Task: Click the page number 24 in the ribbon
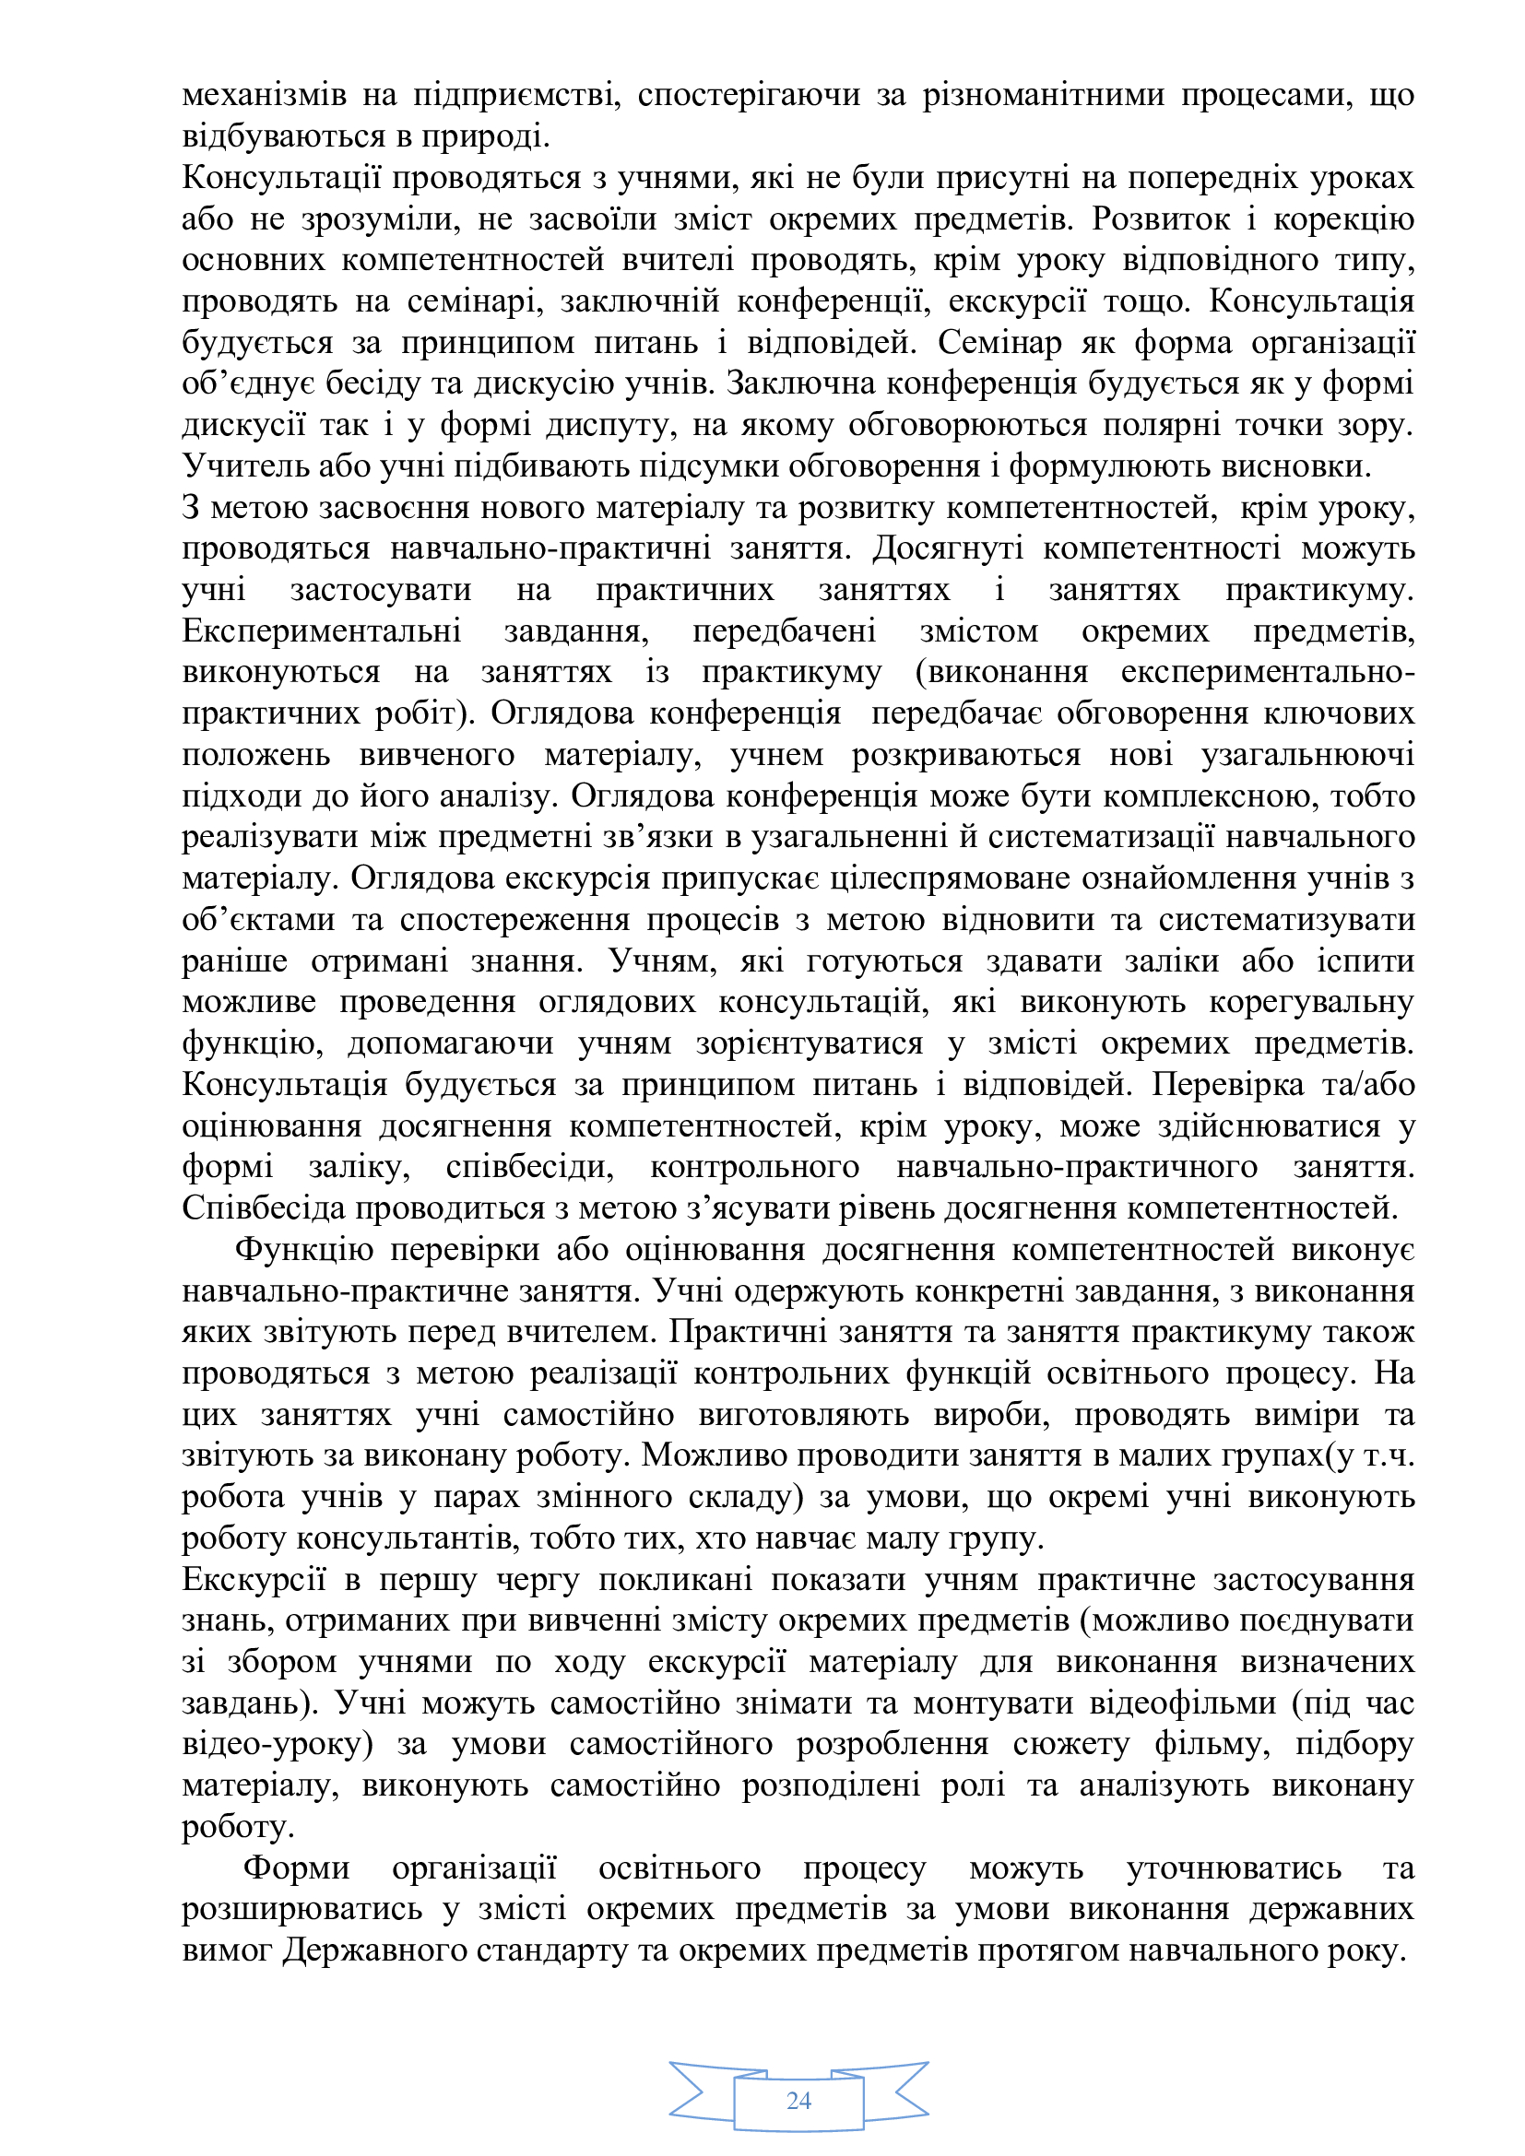pos(798,2101)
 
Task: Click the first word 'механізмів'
pos(264,95)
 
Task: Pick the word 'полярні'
pos(1160,425)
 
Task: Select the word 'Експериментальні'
pos(321,631)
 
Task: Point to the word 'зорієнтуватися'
pos(810,1043)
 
